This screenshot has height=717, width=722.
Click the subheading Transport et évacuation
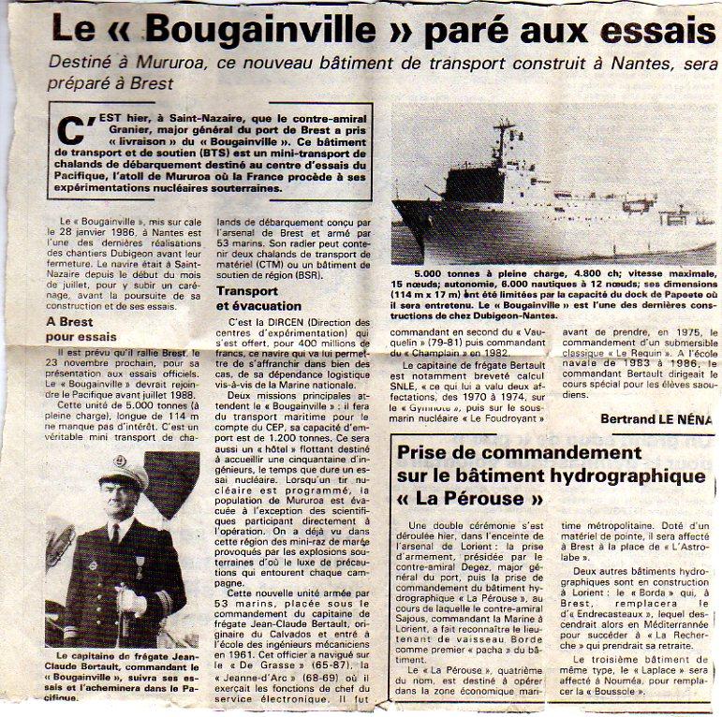[x=259, y=299]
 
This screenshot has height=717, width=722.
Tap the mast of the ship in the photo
[x=506, y=140]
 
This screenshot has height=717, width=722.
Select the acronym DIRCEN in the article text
[x=286, y=321]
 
